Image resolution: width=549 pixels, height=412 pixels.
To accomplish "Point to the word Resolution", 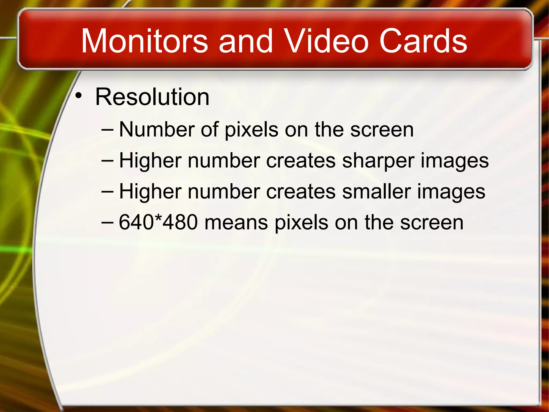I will point(152,97).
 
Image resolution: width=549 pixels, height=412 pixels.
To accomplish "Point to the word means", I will point(236,223).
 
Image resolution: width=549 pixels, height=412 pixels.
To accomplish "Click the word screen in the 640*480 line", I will point(432,223).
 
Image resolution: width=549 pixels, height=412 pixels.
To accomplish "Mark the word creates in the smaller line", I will point(301,192).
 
